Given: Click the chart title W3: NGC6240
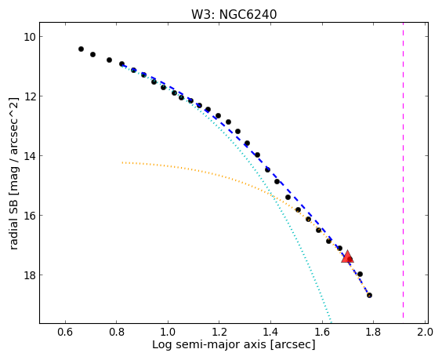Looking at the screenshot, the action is pyautogui.click(x=234, y=14).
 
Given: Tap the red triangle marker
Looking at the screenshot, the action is pyautogui.click(x=347, y=256).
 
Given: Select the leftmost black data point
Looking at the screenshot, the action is pyautogui.click(x=81, y=49).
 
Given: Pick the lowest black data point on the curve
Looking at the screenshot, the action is pyautogui.click(x=369, y=295).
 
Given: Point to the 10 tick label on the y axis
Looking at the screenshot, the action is pyautogui.click(x=29, y=37).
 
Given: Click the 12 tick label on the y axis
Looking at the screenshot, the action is pyautogui.click(x=29, y=96).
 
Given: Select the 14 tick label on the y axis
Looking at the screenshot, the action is pyautogui.click(x=29, y=156).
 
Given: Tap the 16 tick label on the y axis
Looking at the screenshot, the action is pyautogui.click(x=29, y=215).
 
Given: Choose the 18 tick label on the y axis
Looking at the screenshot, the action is pyautogui.click(x=29, y=275).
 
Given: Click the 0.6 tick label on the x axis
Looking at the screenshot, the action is pyautogui.click(x=65, y=332).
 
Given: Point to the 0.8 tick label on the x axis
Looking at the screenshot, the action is pyautogui.click(x=117, y=332).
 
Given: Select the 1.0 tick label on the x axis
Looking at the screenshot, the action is pyautogui.click(x=168, y=332).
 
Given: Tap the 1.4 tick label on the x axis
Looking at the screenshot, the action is pyautogui.click(x=270, y=332).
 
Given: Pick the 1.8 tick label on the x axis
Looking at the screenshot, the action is pyautogui.click(x=373, y=332).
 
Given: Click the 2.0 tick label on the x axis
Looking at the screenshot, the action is pyautogui.click(x=425, y=332).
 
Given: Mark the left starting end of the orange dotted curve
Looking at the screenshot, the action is pyautogui.click(x=122, y=162).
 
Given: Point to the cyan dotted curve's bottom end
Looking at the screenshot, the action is pyautogui.click(x=331, y=322).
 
